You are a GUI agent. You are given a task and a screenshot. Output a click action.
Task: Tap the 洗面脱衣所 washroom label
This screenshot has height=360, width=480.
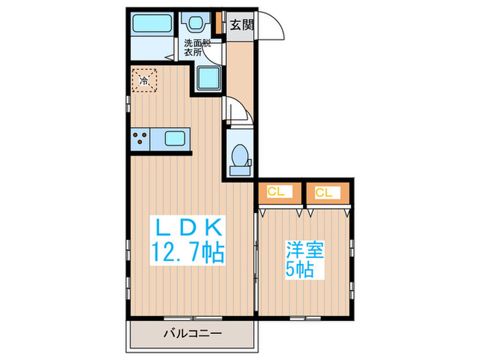click(197, 48)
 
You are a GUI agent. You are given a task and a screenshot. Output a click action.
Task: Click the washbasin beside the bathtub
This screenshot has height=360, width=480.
click(193, 24)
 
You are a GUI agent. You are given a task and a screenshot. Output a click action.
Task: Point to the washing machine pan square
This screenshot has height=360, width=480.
click(207, 78)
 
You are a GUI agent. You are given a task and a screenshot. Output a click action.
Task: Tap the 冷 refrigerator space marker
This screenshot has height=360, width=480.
click(145, 80)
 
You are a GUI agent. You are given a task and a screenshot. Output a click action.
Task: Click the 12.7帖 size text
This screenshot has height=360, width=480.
click(185, 255)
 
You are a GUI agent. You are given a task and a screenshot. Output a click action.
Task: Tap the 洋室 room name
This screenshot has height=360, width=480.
click(303, 248)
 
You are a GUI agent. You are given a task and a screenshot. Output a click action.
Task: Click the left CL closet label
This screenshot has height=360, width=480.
click(277, 192)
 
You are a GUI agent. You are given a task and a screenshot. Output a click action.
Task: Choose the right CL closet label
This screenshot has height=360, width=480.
click(324, 192)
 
